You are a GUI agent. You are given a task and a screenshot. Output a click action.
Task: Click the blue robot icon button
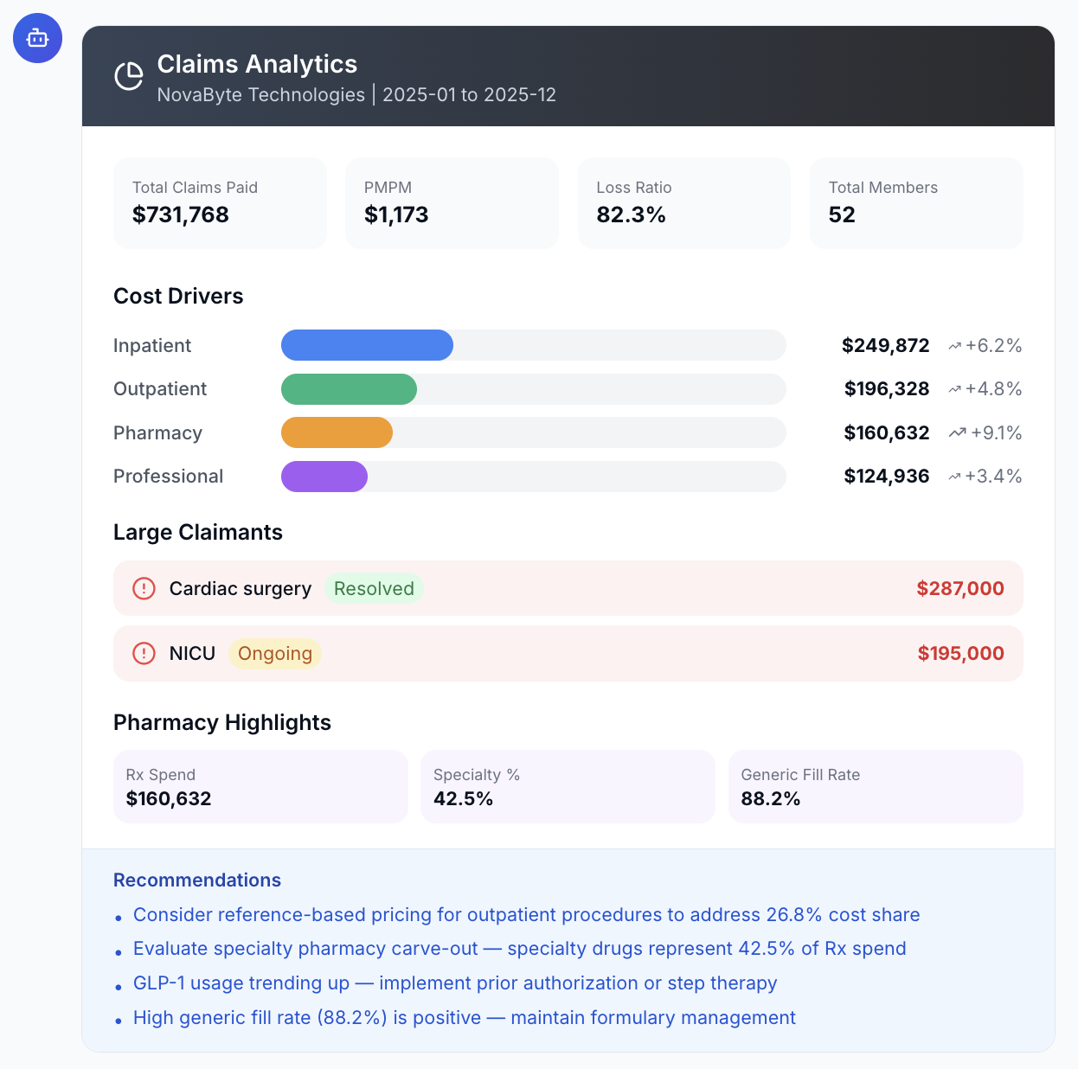(x=37, y=38)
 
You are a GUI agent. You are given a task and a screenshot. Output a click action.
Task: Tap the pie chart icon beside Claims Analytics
(x=129, y=76)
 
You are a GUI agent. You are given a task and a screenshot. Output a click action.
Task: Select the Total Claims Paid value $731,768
(x=180, y=214)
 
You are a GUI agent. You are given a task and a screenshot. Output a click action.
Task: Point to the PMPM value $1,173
(x=395, y=214)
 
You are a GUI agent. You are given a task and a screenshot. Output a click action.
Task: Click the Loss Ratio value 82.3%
(x=631, y=214)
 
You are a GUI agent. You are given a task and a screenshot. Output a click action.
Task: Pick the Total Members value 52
(x=841, y=214)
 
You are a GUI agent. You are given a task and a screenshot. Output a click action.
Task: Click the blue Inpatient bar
(x=367, y=345)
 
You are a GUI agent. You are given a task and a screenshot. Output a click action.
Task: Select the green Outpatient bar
(x=349, y=389)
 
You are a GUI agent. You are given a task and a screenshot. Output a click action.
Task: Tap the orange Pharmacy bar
(x=337, y=432)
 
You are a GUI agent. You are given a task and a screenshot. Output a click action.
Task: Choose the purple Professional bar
(x=324, y=477)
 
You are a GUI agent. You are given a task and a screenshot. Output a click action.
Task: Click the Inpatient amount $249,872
(x=885, y=346)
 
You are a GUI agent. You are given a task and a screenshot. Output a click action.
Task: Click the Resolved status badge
(x=374, y=588)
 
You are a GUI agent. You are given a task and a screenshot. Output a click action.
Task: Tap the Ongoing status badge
(x=274, y=654)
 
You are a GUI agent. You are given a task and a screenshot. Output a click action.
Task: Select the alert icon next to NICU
(x=144, y=654)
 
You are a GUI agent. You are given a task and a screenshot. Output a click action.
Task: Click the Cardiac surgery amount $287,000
(x=959, y=588)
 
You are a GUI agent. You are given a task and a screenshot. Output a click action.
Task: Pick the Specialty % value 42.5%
(x=463, y=798)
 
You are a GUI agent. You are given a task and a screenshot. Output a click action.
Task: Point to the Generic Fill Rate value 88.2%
(x=770, y=798)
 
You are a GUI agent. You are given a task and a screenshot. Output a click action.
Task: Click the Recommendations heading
(x=197, y=880)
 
